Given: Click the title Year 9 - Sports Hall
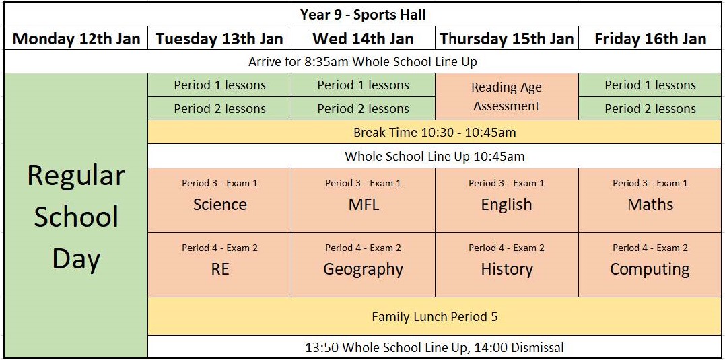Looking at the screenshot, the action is coord(363,15).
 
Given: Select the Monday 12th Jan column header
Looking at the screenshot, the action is coord(76,38).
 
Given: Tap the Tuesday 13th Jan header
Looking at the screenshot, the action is coord(219,38).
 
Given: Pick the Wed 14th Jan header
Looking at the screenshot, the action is coord(363,38).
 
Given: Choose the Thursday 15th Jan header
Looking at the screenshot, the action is coord(507,38).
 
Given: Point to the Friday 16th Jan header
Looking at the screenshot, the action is coord(650,38).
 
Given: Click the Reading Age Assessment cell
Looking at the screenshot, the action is coord(507,97).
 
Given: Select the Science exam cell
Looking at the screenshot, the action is coord(219,200).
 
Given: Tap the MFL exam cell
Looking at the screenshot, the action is coord(363,200).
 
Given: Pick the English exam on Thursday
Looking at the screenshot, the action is coord(507,200).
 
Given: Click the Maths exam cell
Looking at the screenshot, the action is coord(650,200).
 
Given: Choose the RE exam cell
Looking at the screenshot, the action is coord(219,265).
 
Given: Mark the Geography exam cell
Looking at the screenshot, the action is coord(363,265).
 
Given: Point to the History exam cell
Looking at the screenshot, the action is coord(507,265).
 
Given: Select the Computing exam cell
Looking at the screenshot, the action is coord(650,265).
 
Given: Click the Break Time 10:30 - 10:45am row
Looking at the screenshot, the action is coord(435,132).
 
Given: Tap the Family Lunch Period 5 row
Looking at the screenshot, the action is coord(435,316).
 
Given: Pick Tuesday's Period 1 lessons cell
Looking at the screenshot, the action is coord(219,85).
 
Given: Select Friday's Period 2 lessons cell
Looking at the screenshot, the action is coord(650,108).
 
